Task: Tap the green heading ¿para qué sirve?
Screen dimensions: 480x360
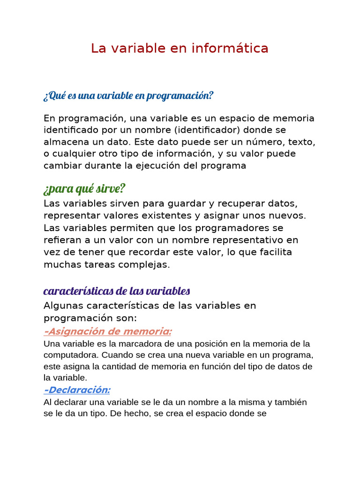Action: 84,189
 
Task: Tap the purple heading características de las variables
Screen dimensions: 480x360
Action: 117,291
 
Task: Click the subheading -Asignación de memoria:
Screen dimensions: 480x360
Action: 108,331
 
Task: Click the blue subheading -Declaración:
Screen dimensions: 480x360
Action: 77,390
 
